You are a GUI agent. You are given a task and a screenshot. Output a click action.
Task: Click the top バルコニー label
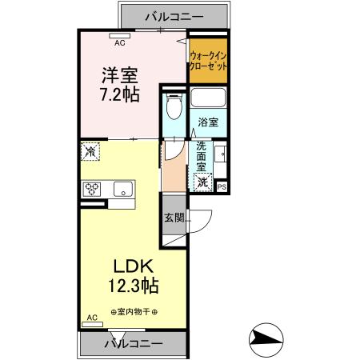(x=174, y=15)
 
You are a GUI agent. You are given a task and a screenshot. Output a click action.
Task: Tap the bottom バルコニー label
(x=134, y=343)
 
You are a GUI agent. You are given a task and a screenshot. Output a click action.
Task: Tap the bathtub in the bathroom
(x=210, y=101)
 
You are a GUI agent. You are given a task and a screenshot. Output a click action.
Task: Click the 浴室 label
(x=210, y=123)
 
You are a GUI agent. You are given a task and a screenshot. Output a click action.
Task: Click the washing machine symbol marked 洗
(x=204, y=182)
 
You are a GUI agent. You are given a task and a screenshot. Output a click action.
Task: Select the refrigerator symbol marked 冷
(x=90, y=150)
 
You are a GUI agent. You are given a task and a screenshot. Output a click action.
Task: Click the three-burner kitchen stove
(x=91, y=190)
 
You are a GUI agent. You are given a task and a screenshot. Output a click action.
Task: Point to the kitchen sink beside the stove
(x=122, y=190)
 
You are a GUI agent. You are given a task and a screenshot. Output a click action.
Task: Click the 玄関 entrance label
(x=174, y=217)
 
